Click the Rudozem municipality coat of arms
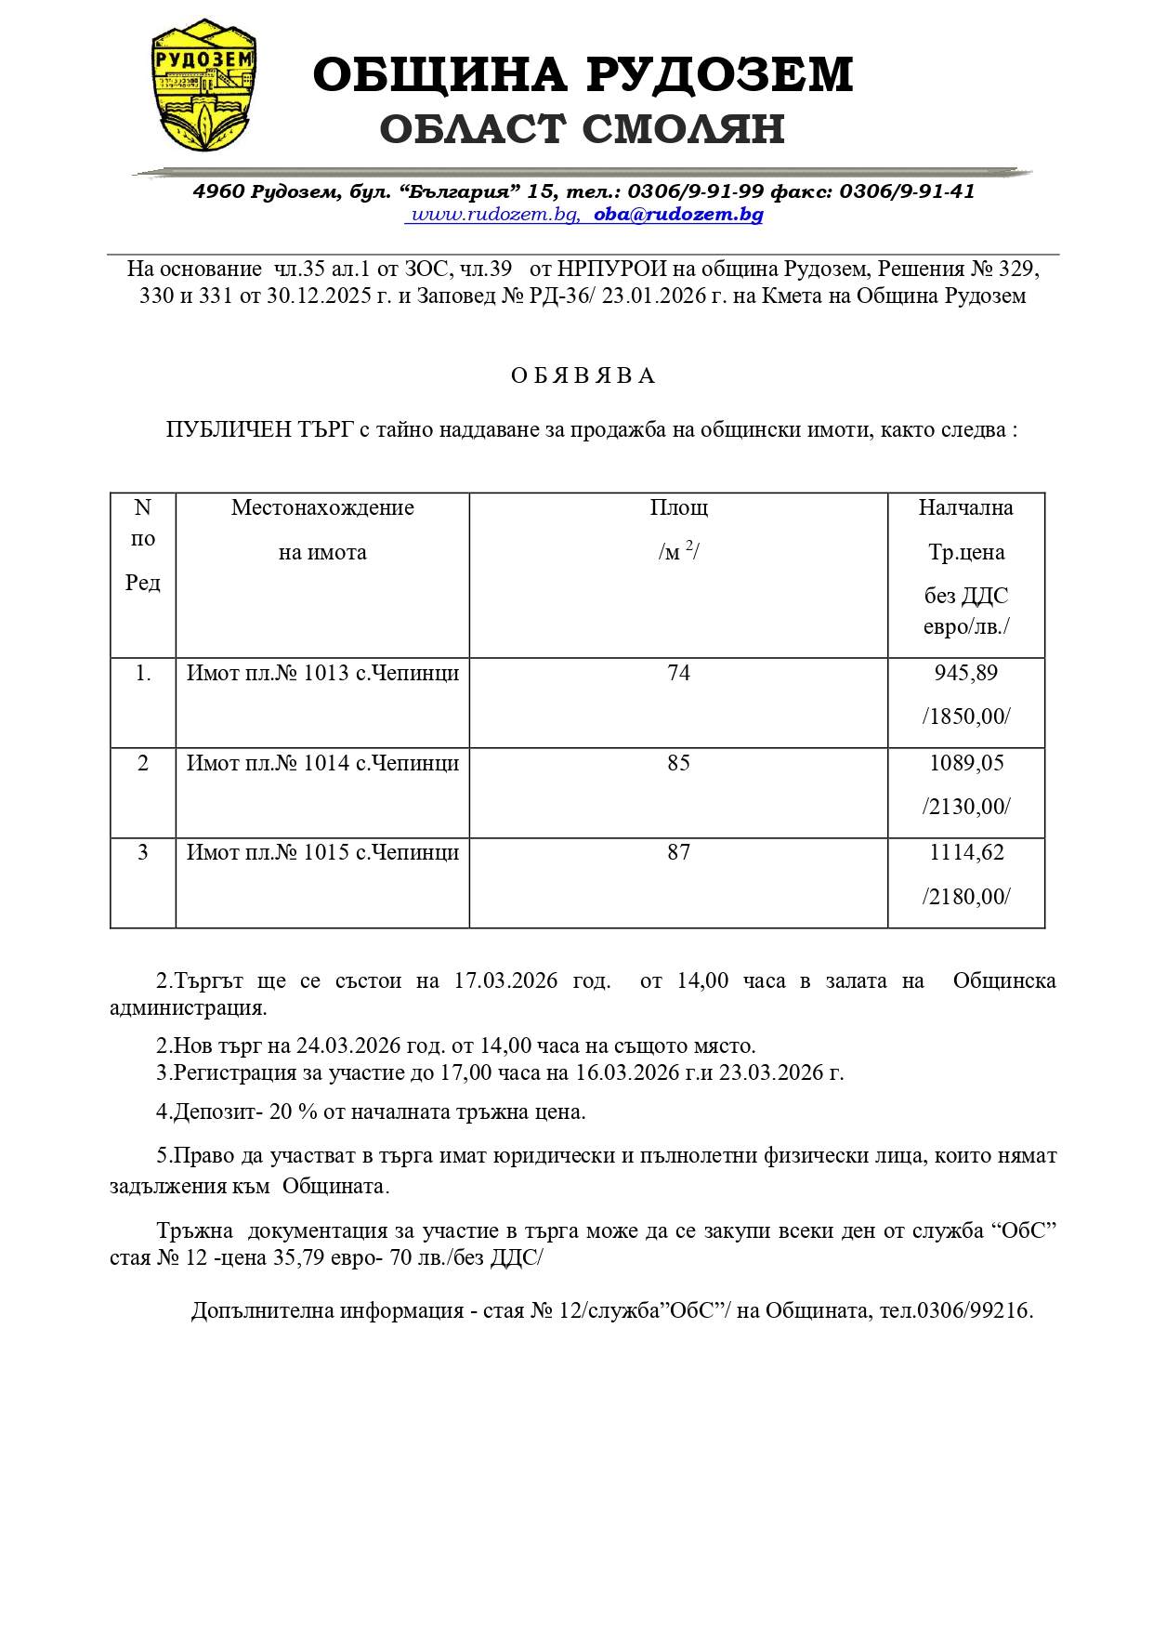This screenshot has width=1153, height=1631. (x=203, y=86)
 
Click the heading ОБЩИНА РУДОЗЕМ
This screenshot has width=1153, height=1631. (x=583, y=74)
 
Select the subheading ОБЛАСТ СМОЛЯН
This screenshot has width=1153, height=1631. (x=583, y=129)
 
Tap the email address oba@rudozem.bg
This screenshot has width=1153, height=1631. (x=678, y=215)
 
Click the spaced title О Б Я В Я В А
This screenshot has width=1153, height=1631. (x=583, y=375)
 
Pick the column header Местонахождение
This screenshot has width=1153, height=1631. (x=322, y=507)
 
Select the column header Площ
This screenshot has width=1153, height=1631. (x=678, y=507)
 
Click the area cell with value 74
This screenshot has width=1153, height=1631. (x=678, y=673)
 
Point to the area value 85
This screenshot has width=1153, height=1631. (x=678, y=763)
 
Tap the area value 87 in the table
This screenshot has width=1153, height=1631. (x=678, y=852)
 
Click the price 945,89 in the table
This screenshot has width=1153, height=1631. (x=965, y=673)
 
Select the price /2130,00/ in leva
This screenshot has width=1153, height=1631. (x=965, y=807)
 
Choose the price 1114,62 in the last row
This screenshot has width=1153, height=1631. (x=966, y=852)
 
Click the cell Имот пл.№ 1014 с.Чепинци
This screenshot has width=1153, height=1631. (x=322, y=763)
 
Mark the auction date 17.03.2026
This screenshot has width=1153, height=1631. (x=505, y=980)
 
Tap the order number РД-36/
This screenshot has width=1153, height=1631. (x=565, y=296)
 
